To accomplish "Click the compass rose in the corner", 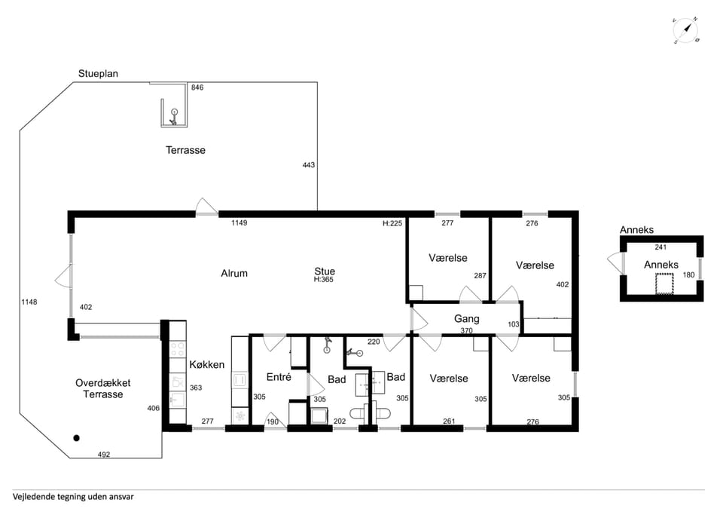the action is click(x=686, y=31).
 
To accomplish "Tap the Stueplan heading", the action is click(x=98, y=74).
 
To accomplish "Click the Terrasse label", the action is click(x=185, y=150).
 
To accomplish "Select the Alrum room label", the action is click(x=234, y=273).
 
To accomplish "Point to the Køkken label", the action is click(x=207, y=365).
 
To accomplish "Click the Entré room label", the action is click(x=279, y=377).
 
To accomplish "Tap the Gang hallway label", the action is click(x=467, y=319).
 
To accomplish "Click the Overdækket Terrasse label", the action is click(x=103, y=389).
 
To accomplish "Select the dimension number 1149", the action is click(x=239, y=223).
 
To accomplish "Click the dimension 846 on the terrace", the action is click(x=197, y=87).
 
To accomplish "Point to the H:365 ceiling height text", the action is click(x=324, y=279).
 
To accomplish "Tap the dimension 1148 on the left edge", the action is click(x=29, y=302).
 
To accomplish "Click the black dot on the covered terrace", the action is click(x=77, y=438).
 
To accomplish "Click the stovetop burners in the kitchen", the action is click(x=178, y=350).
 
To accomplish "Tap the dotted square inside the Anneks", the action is click(x=664, y=284).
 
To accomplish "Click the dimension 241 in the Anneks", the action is click(x=660, y=247).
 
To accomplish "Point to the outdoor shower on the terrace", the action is click(x=173, y=117).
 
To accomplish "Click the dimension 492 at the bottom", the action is click(x=104, y=455).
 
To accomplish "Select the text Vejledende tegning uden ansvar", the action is click(x=73, y=497).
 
